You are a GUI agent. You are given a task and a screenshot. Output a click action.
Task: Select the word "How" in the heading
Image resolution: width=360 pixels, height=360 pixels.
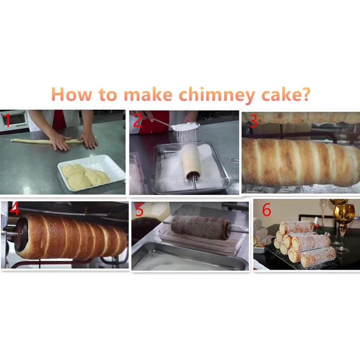point(72,94)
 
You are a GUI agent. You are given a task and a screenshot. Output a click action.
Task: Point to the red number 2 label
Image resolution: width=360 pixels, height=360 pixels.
point(138,120)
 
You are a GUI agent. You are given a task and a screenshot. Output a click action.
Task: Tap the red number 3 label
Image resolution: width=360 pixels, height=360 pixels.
point(253,121)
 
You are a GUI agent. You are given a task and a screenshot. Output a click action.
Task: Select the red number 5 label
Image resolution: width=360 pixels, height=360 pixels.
point(139,210)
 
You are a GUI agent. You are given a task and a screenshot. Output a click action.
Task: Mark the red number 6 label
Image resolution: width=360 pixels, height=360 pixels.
point(266,209)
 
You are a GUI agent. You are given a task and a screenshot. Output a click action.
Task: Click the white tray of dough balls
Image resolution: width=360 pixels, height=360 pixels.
point(92,172)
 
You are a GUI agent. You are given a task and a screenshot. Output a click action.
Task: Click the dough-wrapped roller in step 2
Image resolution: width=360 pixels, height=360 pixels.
point(191,161)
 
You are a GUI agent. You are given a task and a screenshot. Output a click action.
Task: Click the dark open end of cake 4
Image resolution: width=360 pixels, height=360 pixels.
point(22,234)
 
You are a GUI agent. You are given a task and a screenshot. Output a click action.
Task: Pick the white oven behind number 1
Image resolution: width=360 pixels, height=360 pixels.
point(14,121)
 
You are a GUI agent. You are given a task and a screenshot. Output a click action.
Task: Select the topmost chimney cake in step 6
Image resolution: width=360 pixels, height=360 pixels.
point(297,227)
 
